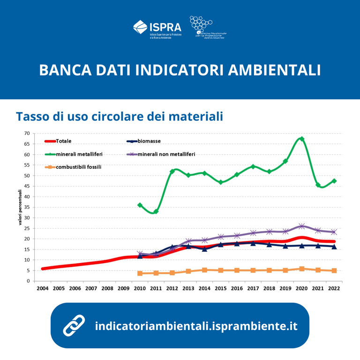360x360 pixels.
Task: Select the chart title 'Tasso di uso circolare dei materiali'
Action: pos(119,116)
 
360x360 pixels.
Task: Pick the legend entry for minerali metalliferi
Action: pos(79,154)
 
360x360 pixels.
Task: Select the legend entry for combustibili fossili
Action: pos(78,166)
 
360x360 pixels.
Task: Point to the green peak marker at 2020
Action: pos(301,139)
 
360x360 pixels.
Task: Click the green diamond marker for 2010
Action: pos(140,205)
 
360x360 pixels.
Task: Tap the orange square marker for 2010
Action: pos(140,273)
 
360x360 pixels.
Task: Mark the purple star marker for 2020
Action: pos(301,226)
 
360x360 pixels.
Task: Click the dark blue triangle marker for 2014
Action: pos(204,249)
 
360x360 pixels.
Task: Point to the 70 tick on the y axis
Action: pos(27,134)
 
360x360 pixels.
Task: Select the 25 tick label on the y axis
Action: pos(27,228)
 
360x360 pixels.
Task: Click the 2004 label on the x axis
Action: pos(43,289)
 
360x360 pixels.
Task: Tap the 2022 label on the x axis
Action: pos(334,289)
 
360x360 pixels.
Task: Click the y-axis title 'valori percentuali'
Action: pos(21,207)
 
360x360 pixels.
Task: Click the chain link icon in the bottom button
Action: pos(74,325)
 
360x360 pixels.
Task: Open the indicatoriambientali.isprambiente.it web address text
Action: pos(196,326)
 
